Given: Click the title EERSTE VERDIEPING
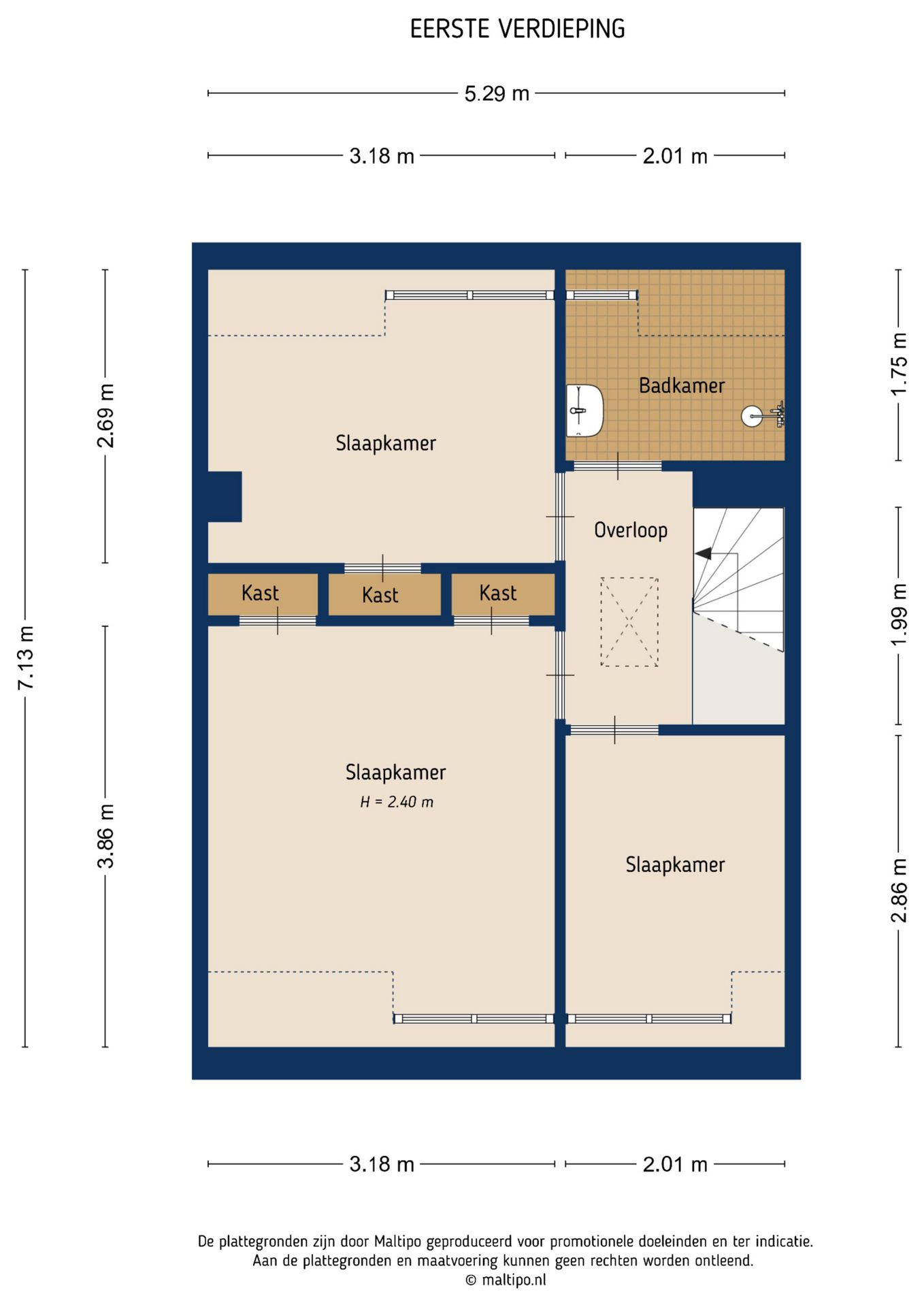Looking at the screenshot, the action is point(517,29).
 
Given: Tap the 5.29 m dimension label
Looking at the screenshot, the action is point(497,93).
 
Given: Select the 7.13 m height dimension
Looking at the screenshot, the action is point(26,658).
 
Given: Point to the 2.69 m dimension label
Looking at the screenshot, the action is point(105,415).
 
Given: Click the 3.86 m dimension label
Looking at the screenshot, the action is point(105,836).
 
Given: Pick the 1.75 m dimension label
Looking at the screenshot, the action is point(899,364).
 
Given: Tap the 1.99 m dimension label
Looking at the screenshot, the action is point(899,615).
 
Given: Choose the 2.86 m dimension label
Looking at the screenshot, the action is point(899,890).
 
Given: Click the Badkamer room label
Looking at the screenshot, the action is point(682,386).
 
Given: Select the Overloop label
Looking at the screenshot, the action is point(631,530).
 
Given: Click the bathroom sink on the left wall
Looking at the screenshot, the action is point(584,410).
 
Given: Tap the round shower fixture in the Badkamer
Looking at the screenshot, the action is point(752,415).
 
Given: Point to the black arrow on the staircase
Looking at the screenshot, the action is point(703,554).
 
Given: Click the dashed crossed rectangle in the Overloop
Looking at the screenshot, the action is point(629,622).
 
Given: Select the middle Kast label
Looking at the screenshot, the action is point(380,595).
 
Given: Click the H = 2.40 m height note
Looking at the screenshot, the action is point(397,802).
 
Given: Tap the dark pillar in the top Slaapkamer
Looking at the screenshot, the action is point(225,497).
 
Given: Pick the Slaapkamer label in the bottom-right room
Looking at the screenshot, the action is point(675,865).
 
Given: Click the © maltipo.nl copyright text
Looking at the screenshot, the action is point(506,1280).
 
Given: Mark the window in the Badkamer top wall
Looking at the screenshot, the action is point(601,295).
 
